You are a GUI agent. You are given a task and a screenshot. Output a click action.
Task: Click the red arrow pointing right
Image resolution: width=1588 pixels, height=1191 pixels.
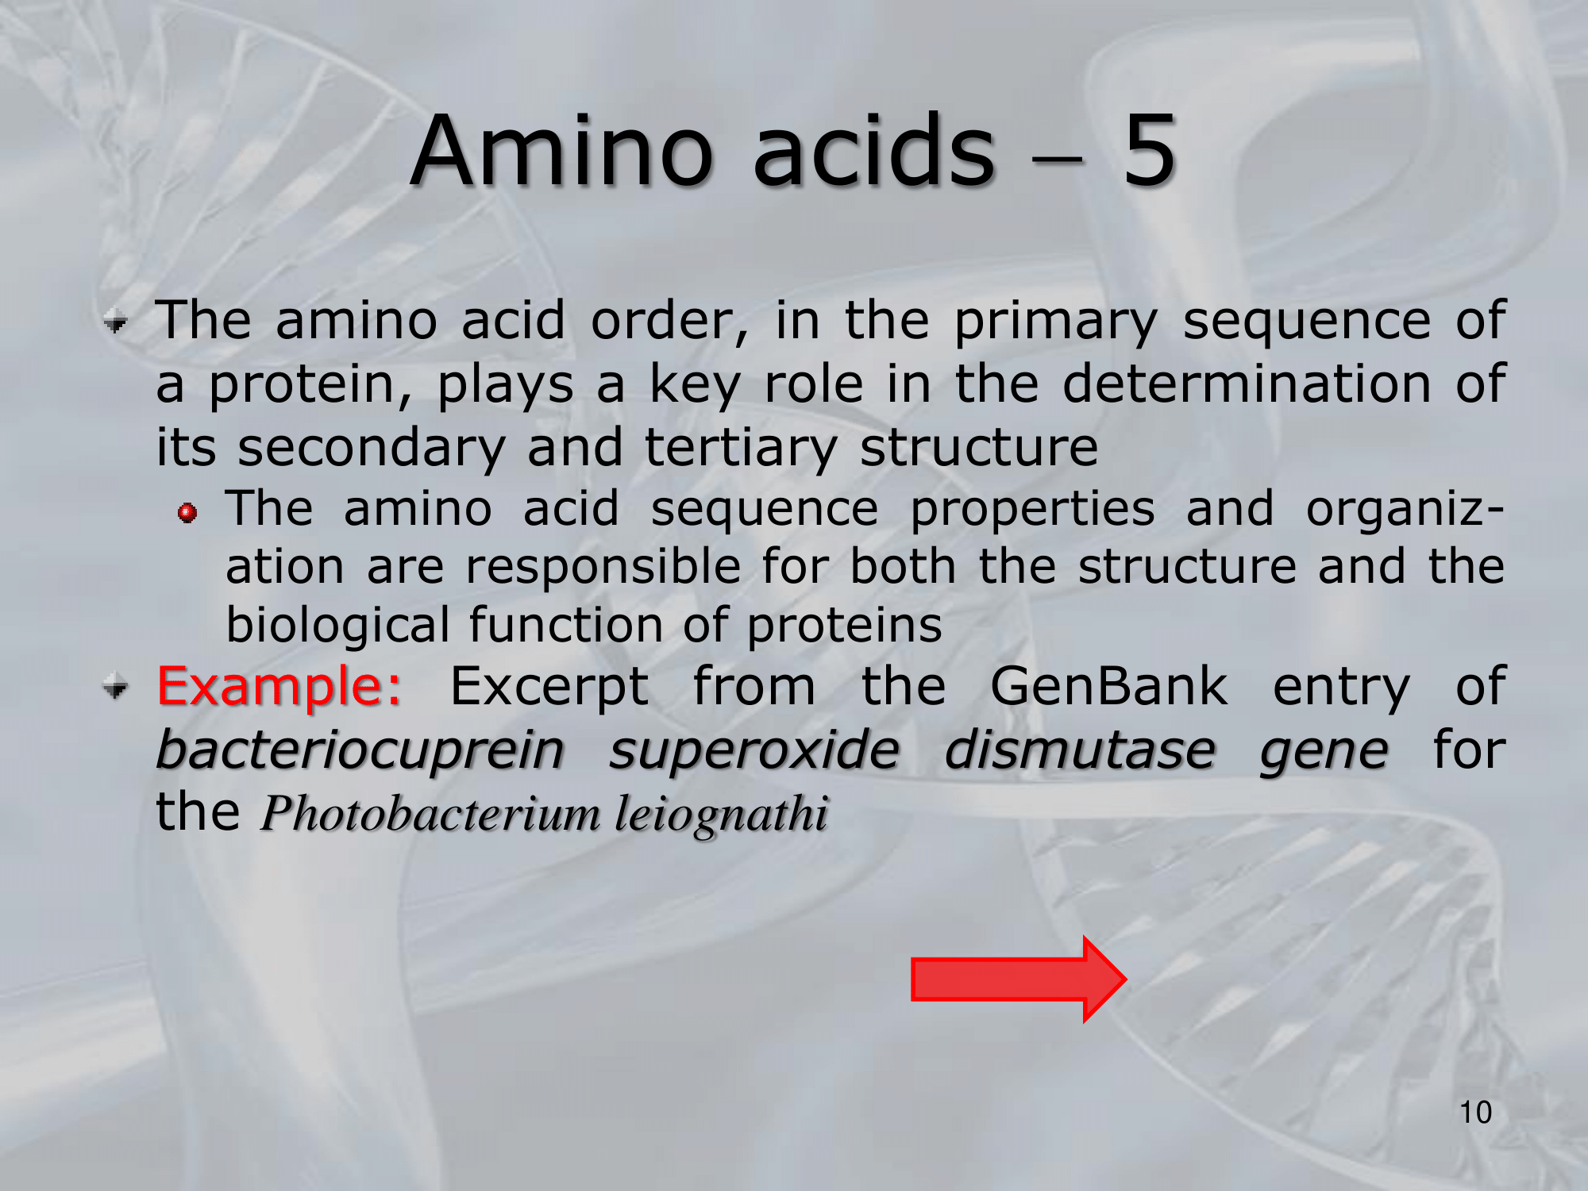tap(1019, 979)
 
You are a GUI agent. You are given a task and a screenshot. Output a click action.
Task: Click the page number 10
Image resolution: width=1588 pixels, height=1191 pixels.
tap(1476, 1112)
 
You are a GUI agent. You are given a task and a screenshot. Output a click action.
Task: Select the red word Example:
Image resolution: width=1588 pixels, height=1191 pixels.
tap(279, 686)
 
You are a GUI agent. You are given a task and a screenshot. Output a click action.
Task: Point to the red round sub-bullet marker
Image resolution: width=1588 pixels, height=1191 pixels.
tap(187, 513)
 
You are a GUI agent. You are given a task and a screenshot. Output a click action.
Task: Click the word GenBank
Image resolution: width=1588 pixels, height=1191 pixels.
tap(1109, 686)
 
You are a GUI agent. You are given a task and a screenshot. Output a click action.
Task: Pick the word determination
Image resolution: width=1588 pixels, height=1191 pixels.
tap(1247, 384)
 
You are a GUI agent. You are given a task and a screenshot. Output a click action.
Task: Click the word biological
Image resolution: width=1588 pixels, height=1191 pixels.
tap(338, 626)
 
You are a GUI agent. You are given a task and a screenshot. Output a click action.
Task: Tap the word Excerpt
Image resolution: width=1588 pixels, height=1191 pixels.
tap(549, 688)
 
